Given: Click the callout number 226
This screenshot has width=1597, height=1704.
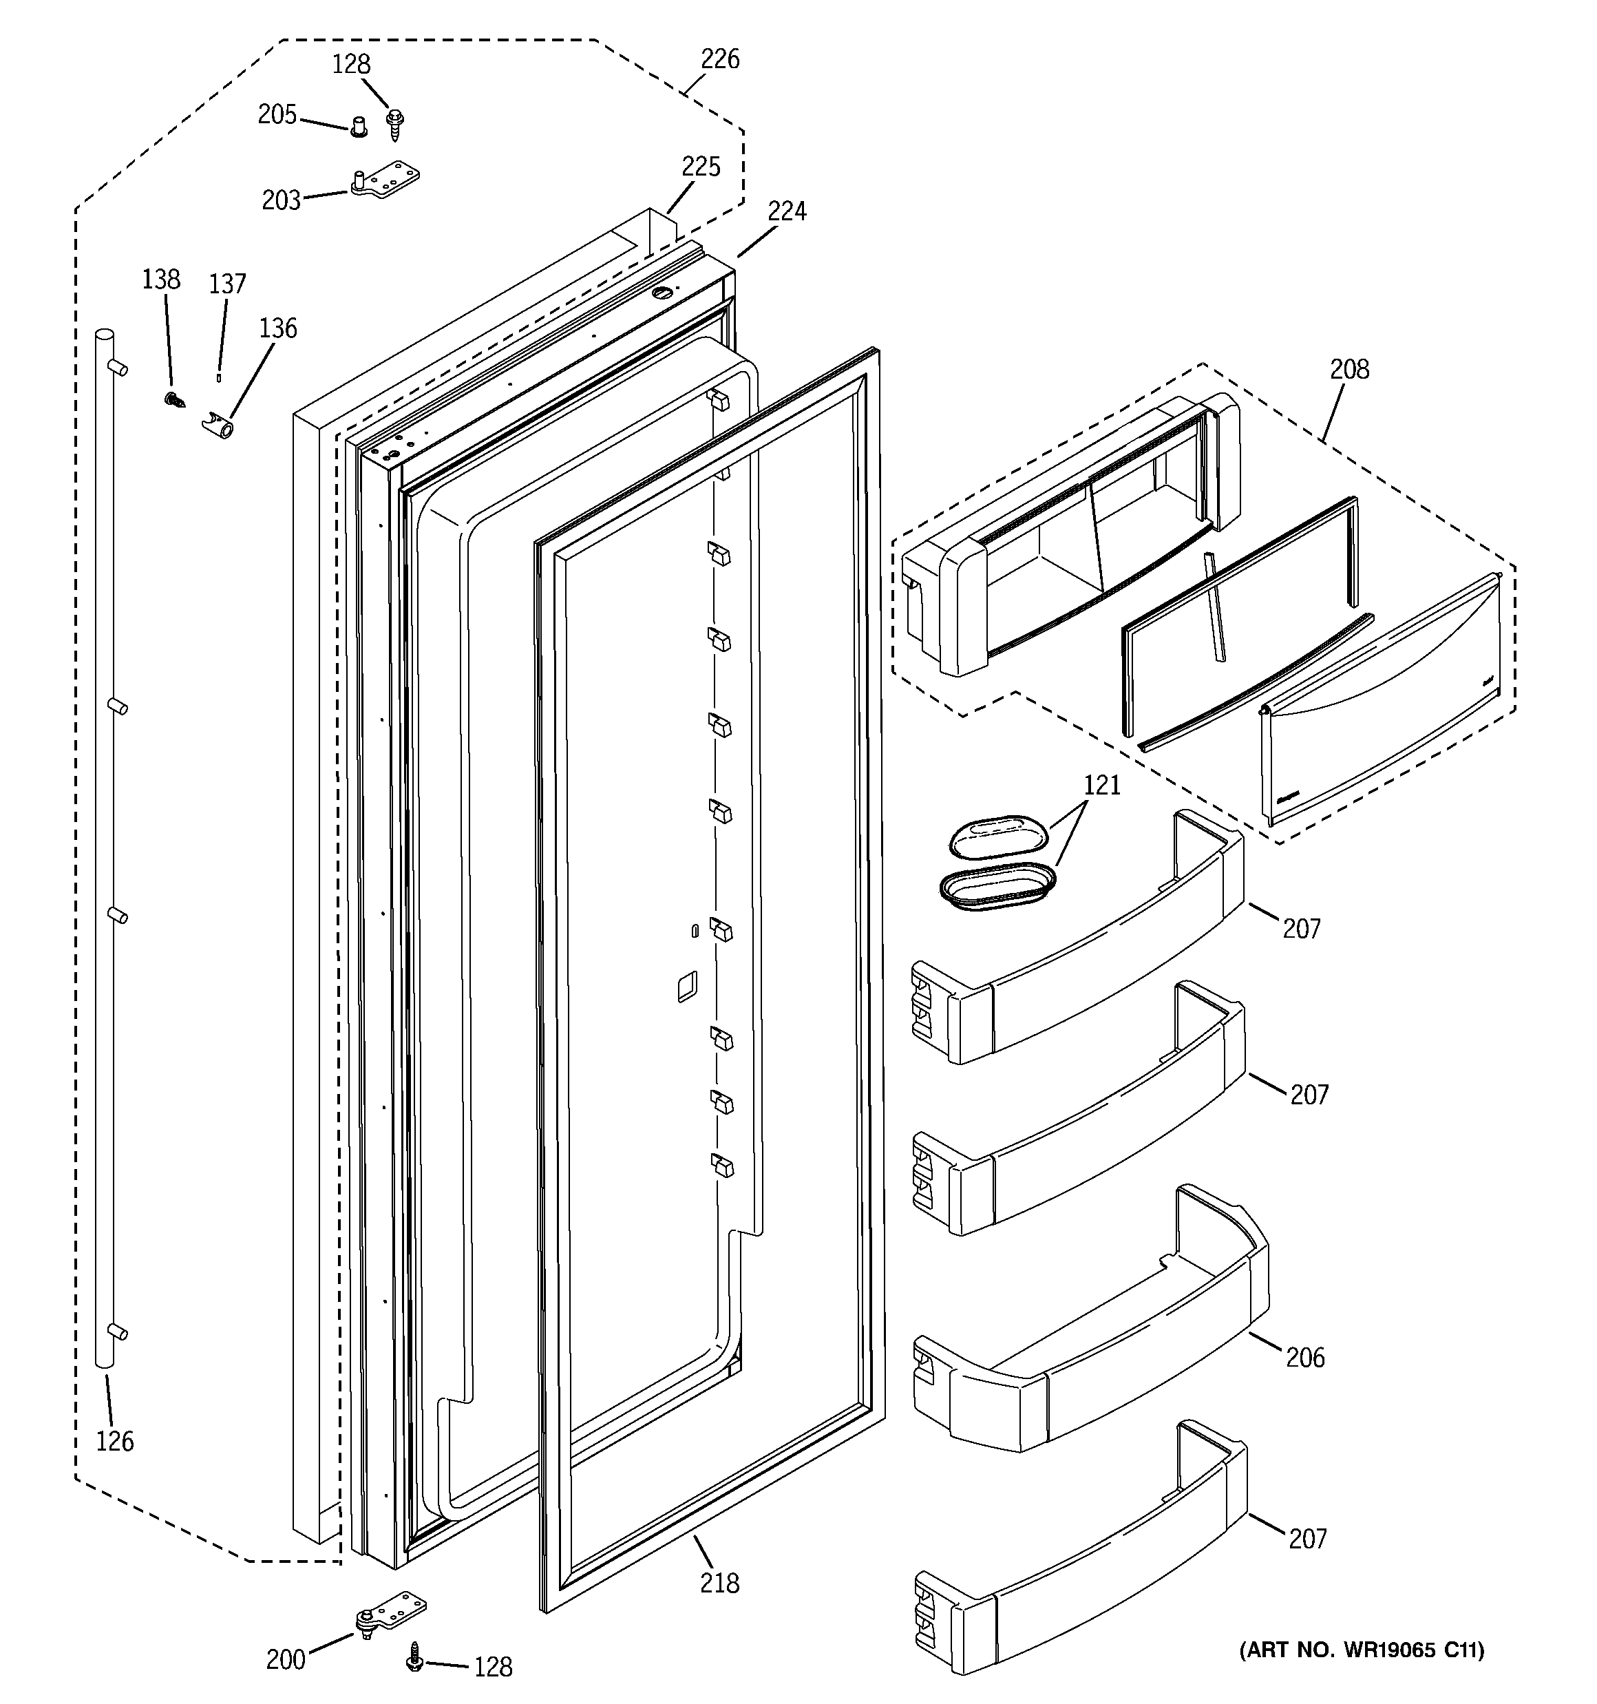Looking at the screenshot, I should pos(719,59).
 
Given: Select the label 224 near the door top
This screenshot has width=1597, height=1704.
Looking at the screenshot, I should pos(786,211).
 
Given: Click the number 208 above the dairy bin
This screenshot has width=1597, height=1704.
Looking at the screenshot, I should pos(1349,370).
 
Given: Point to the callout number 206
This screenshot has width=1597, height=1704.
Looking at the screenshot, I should pos(1304,1357).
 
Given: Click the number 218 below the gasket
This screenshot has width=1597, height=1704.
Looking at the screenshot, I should pos(719,1583).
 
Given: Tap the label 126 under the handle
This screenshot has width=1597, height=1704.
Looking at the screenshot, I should pos(115,1442).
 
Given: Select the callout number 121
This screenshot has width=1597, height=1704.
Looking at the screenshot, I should pos(1101,785).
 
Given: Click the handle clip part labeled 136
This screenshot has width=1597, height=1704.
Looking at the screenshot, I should pos(220,424).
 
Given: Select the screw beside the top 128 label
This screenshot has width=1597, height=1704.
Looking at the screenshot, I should pos(394,125).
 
